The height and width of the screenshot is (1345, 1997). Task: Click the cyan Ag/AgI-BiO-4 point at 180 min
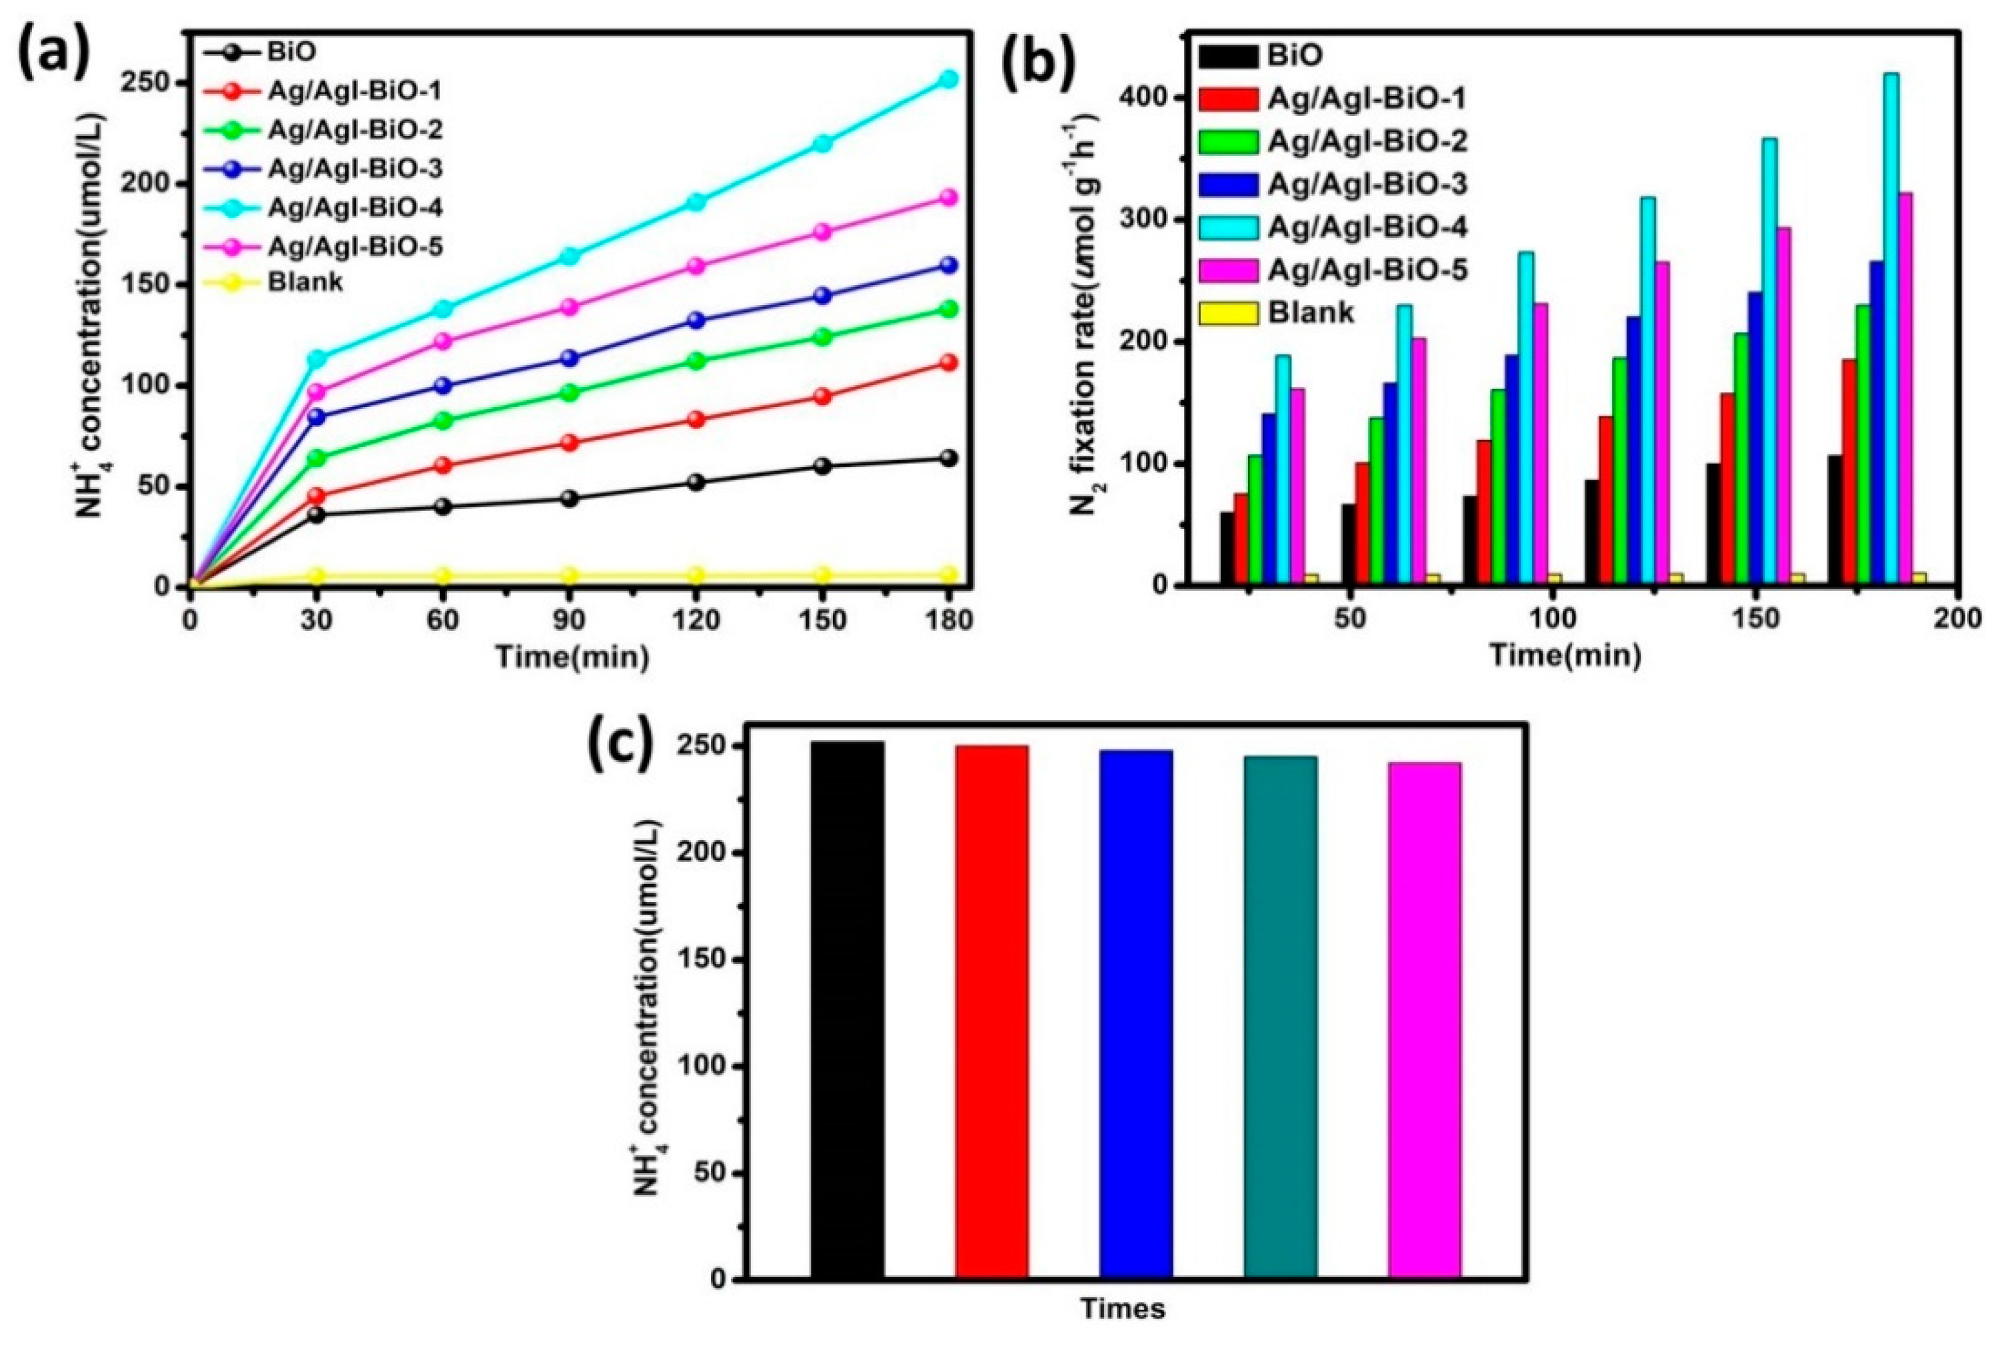948,79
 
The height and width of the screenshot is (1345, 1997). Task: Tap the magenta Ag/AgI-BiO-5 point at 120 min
696,266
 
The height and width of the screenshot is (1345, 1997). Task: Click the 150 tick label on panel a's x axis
822,620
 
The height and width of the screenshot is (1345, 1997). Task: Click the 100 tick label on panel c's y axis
704,1067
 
